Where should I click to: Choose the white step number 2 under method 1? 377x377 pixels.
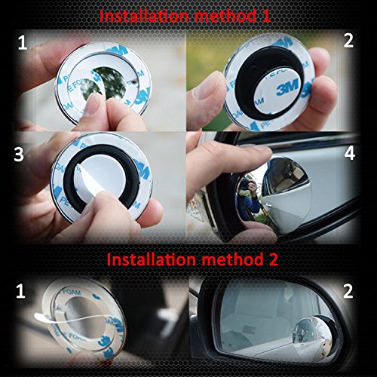348,41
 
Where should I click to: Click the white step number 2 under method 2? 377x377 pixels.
348,291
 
